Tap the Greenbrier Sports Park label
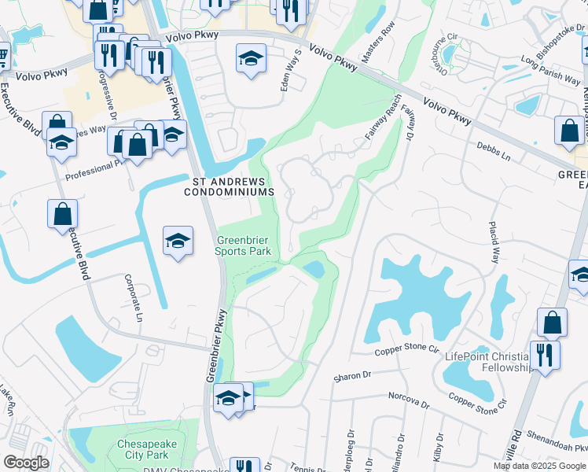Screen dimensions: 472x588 coord(244,245)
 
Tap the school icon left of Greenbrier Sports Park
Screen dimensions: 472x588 coord(178,240)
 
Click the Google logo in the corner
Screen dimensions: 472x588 coord(26,463)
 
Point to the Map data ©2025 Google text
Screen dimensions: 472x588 coord(538,466)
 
